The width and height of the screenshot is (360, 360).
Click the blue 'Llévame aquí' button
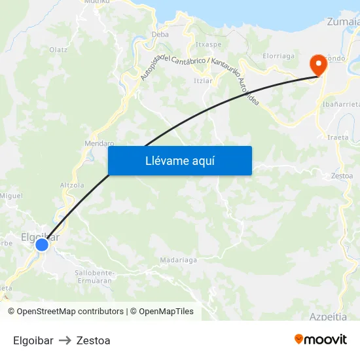pyautogui.click(x=179, y=160)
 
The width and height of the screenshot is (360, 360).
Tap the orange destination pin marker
pyautogui.click(x=319, y=64)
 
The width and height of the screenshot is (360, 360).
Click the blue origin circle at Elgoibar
pyautogui.click(x=42, y=245)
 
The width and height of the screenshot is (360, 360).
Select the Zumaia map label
pyautogui.click(x=342, y=22)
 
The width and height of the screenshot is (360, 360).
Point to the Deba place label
pyautogui.click(x=160, y=34)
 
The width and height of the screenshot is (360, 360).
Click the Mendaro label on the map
pyautogui.click(x=99, y=143)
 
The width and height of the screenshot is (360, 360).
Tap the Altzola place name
pyautogui.click(x=72, y=185)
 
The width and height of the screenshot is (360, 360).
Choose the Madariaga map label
pyautogui.click(x=179, y=260)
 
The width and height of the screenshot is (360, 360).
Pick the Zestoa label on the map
pyautogui.click(x=342, y=175)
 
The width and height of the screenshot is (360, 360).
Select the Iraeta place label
pyautogui.click(x=338, y=137)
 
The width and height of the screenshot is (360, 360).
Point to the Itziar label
pyautogui.click(x=203, y=81)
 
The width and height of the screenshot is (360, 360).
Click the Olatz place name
pyautogui.click(x=58, y=49)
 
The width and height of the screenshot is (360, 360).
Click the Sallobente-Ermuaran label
pyautogui.click(x=95, y=276)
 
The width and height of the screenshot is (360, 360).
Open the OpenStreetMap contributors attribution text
pyautogui.click(x=70, y=312)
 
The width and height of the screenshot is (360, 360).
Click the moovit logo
pyautogui.click(x=320, y=340)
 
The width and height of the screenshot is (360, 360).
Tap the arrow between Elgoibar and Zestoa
pyautogui.click(x=65, y=340)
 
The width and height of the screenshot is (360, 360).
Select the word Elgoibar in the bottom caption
pyautogui.click(x=33, y=340)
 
